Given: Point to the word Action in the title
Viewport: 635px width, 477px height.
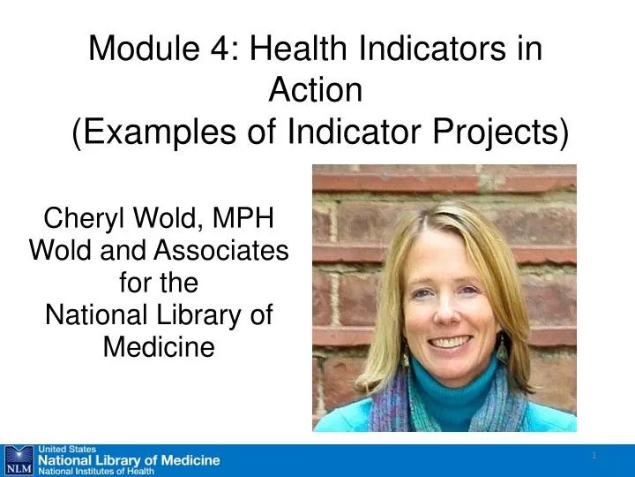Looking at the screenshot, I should [x=315, y=90].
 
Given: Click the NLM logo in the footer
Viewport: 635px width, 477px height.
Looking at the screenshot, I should [x=18, y=459].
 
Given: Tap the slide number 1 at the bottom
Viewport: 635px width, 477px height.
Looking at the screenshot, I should [x=594, y=455].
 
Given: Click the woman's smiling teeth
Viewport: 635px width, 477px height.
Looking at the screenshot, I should [x=450, y=341].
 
